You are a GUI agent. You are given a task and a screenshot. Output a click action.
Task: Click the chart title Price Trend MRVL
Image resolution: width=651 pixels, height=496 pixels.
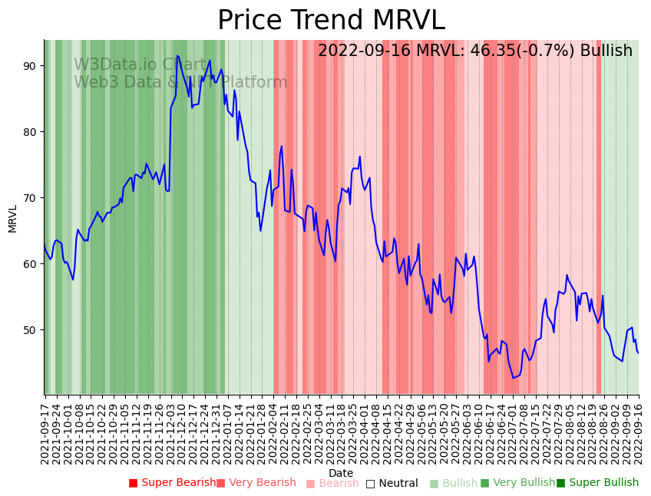[331, 21]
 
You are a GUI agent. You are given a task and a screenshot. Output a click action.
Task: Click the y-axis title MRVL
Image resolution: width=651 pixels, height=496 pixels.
[13, 218]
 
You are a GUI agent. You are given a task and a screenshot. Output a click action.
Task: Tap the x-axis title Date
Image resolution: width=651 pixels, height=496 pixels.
[341, 473]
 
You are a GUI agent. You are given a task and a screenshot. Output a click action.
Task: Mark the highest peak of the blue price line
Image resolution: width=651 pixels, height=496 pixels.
[177, 55]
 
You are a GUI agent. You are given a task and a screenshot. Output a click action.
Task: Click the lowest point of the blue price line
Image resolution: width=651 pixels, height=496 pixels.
[514, 378]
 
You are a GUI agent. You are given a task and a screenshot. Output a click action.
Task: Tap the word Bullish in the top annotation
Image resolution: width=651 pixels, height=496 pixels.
[606, 51]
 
